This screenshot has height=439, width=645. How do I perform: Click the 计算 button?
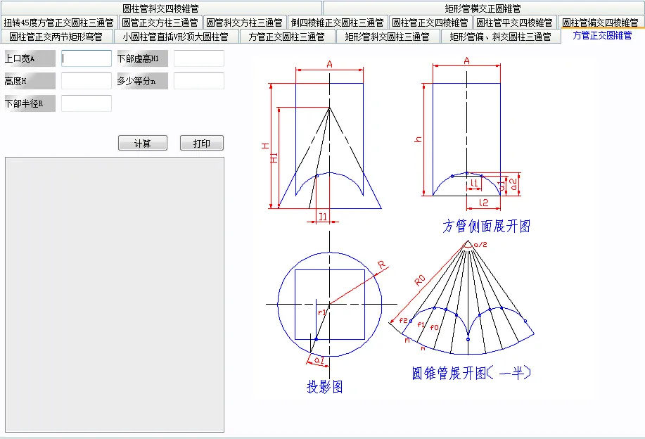(142, 144)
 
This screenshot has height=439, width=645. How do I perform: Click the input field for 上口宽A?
(86, 58)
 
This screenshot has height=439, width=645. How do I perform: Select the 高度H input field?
(86, 81)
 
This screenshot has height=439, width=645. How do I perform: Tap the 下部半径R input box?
(86, 103)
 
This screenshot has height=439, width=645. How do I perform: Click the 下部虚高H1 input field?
(198, 58)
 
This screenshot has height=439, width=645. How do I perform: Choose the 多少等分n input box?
(198, 81)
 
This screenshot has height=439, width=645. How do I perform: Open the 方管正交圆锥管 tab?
(602, 36)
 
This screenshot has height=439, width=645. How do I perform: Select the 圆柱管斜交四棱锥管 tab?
(160, 8)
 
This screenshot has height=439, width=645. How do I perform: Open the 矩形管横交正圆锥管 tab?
(483, 8)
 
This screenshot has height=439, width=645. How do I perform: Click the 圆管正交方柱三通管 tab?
(161, 23)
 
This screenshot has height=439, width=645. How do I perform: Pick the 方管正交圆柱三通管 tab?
(286, 37)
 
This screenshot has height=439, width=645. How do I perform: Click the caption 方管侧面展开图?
(486, 226)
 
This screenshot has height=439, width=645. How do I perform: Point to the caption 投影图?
(324, 386)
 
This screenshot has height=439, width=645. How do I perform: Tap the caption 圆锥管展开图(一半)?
(471, 373)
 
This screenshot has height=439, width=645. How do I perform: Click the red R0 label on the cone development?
(419, 279)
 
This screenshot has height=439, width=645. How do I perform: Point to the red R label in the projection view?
(381, 265)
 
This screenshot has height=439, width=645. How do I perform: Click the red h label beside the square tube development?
(419, 139)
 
